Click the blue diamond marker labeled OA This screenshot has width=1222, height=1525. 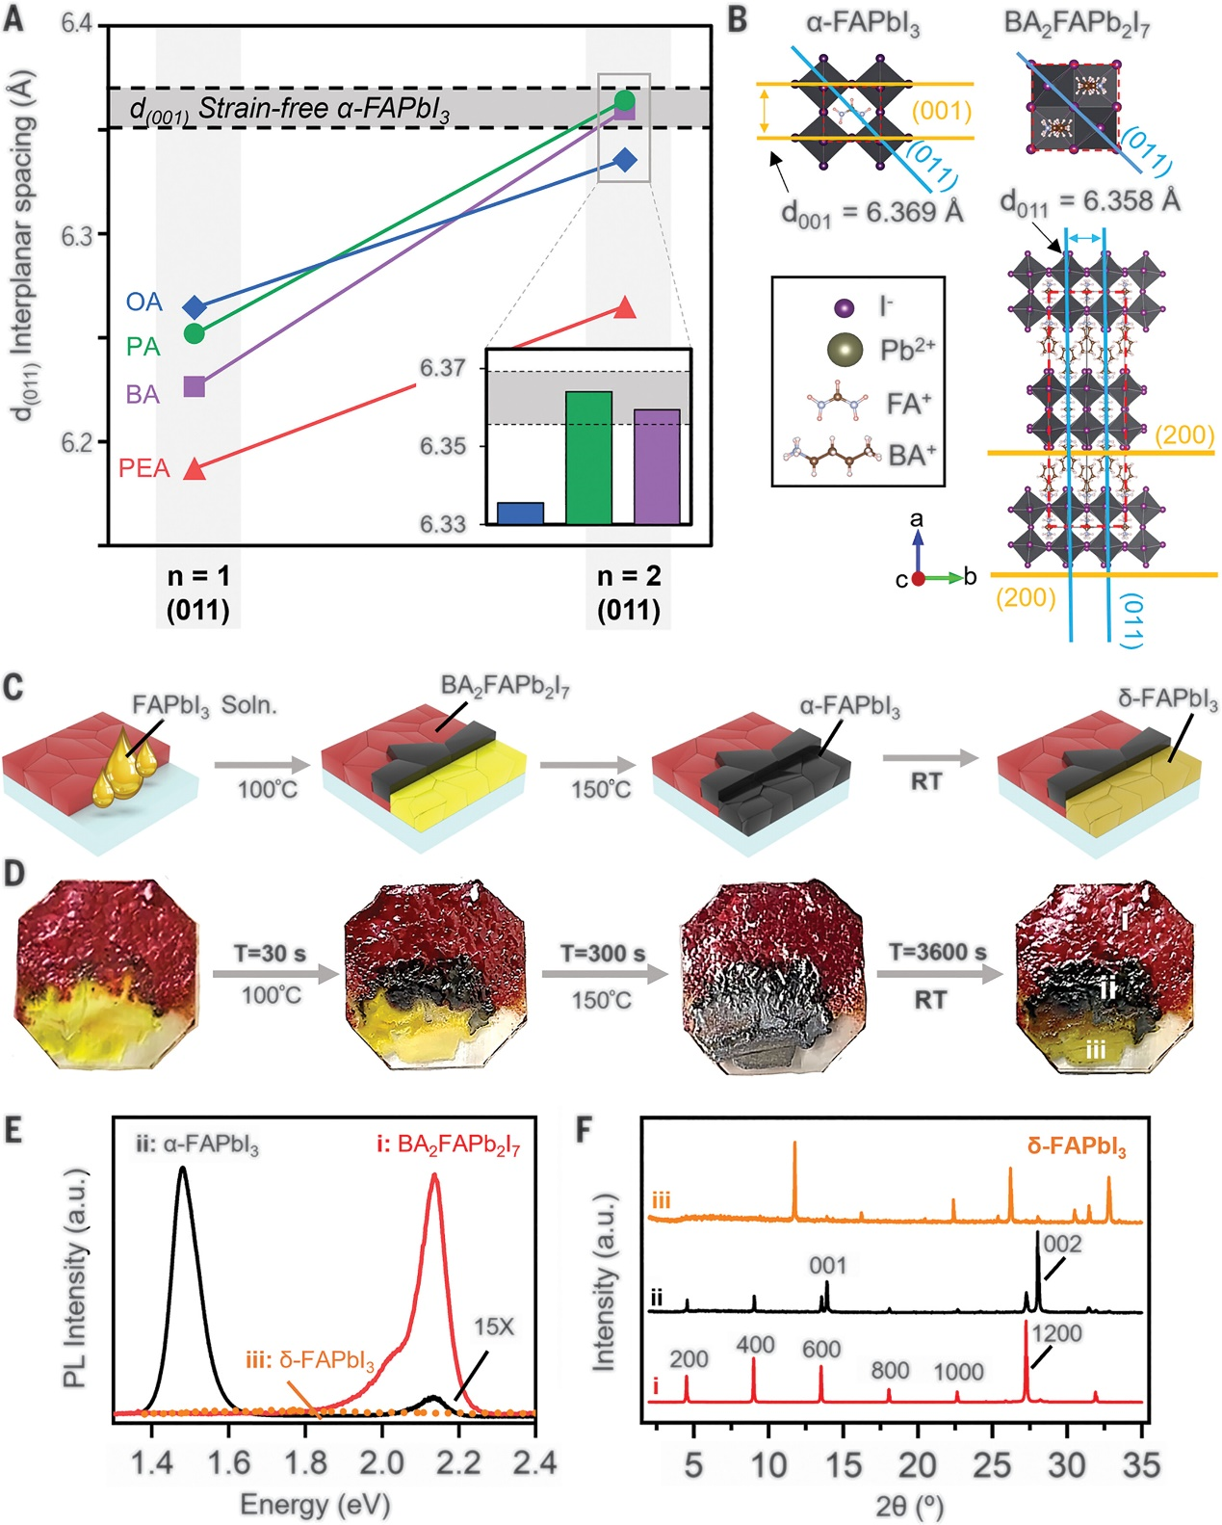pos(195,307)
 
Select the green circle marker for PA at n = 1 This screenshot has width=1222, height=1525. pos(195,333)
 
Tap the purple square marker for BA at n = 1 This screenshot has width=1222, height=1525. pos(195,387)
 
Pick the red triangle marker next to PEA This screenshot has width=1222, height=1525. pos(195,469)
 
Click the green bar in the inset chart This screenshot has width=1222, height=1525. pos(588,458)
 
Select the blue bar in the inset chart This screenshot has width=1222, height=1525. pos(520,513)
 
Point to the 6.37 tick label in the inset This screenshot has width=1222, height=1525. pos(443,368)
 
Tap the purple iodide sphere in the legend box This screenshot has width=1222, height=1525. pos(844,308)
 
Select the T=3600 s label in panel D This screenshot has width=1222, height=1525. pos(937,952)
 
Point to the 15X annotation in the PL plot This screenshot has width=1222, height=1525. pos(494,1327)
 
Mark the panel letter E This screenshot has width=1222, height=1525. pos(13,1129)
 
